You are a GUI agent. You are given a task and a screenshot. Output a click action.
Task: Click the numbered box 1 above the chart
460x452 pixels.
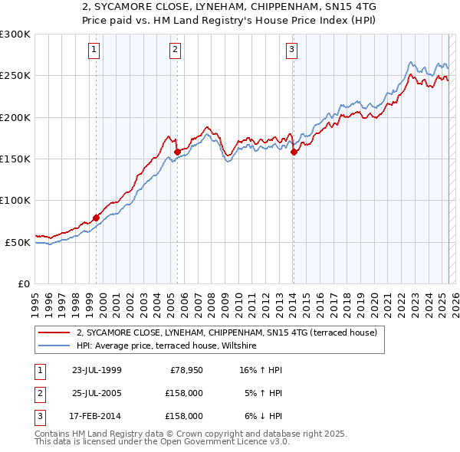94,51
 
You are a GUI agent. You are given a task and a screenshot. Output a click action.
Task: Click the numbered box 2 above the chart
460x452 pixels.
175,51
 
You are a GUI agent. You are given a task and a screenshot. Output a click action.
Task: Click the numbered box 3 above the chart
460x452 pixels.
292,51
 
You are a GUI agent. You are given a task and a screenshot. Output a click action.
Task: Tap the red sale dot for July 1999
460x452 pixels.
97,218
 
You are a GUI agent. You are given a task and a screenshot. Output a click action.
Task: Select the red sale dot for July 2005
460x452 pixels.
177,152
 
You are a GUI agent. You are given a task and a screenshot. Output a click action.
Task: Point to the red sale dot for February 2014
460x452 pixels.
294,152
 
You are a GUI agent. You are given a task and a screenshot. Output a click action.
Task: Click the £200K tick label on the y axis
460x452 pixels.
15,117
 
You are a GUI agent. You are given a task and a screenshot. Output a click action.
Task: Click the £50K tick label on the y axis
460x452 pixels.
18,242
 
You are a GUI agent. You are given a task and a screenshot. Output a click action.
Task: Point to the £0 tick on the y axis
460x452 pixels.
24,283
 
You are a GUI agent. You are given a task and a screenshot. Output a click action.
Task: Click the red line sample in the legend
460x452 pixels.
55,333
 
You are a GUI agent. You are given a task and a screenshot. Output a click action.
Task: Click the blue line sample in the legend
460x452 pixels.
55,346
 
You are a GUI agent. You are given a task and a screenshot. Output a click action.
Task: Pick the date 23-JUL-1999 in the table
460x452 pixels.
97,370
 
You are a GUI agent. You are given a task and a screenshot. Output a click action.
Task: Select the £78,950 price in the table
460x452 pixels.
185,370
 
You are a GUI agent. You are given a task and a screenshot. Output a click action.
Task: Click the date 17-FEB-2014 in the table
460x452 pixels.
96,416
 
